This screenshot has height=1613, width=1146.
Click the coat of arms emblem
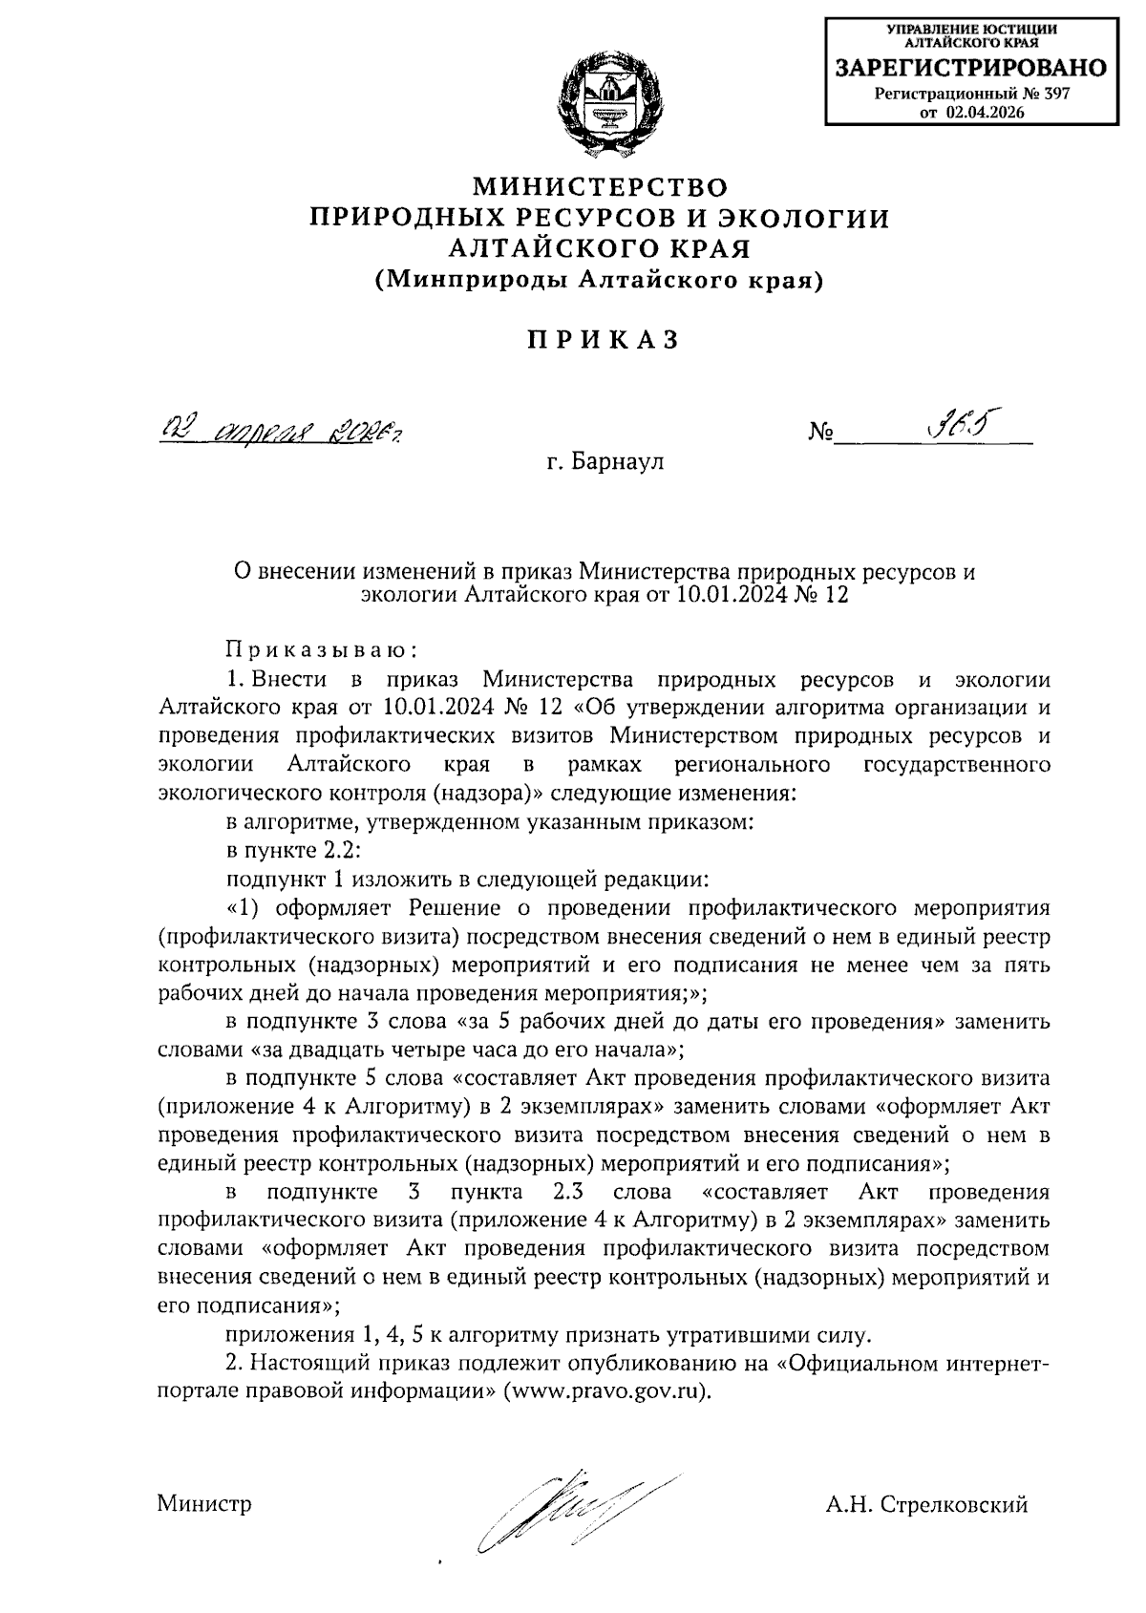pyautogui.click(x=605, y=101)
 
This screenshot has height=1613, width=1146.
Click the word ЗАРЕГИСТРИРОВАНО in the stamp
pyautogui.click(x=970, y=69)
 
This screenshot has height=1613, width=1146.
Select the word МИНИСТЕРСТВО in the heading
pyautogui.click(x=601, y=185)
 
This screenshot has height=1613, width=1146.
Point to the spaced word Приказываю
pyautogui.click(x=322, y=651)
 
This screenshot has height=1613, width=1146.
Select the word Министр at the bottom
pyautogui.click(x=205, y=1504)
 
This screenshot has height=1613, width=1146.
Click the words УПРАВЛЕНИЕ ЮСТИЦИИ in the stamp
pyautogui.click(x=970, y=29)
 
